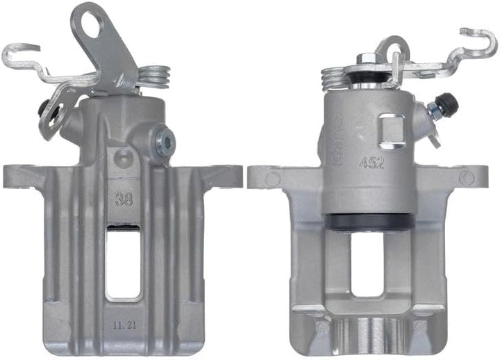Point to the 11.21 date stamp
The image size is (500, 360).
coord(123,324)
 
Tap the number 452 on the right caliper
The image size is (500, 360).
coord(371,163)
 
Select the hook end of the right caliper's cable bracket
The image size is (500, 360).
coord(479,38)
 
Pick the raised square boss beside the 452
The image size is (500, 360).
coord(393,133)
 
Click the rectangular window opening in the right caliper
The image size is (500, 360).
coord(369,268)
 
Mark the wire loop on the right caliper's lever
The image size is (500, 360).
coord(394,49)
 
